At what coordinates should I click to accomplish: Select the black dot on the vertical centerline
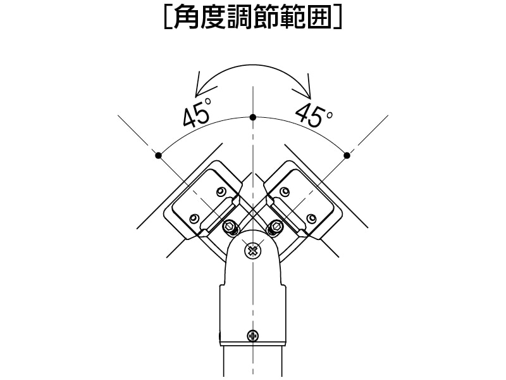pos(253,117)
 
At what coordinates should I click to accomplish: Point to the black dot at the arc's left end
pos(159,155)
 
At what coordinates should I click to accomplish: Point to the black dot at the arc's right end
pos(347,155)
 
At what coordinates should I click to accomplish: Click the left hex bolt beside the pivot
pos(230,226)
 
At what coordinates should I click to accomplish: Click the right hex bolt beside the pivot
pos(275,226)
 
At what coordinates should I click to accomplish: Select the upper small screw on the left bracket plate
pos(220,191)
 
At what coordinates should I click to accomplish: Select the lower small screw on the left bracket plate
pos(194,218)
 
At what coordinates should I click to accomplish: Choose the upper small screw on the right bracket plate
pos(285,191)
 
